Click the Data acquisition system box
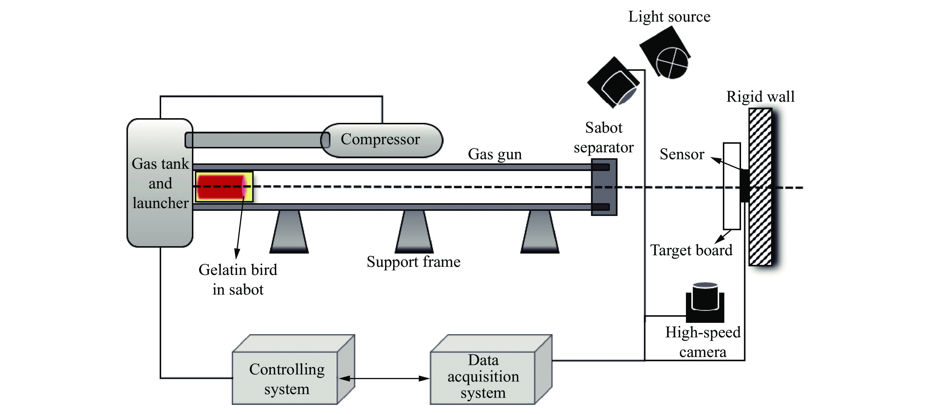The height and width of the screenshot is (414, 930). tap(483, 377)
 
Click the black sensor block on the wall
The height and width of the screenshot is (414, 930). tap(744, 186)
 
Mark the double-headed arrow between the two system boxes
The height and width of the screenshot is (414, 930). tap(384, 378)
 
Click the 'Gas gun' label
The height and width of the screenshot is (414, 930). tap(495, 154)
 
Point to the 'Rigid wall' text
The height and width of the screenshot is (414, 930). tap(760, 97)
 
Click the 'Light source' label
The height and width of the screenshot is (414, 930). tap(669, 17)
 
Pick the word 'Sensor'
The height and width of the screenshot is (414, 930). tap(682, 154)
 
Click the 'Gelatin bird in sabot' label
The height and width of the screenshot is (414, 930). tap(238, 280)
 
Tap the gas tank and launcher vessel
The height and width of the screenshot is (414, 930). tap(160, 224)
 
